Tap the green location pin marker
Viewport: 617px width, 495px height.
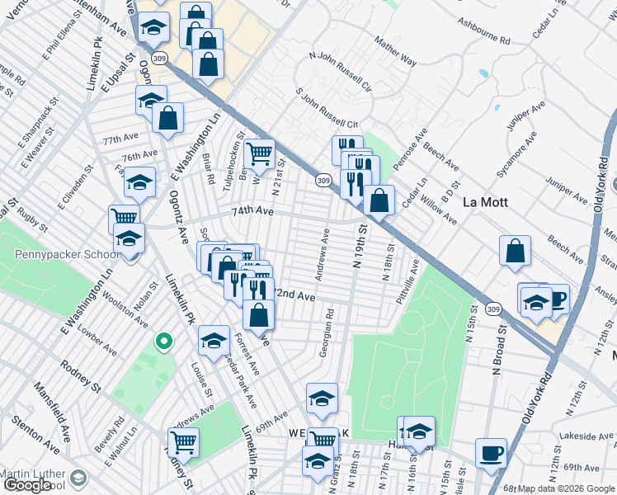[x=164, y=340]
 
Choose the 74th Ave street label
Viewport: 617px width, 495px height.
[x=252, y=211]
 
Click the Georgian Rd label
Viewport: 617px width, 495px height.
[x=325, y=333]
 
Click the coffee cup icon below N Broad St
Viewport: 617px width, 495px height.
[x=492, y=454]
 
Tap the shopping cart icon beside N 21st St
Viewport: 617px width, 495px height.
[x=259, y=153]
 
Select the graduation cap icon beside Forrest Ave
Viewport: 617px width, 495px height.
[x=214, y=341]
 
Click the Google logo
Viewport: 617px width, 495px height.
[x=28, y=485]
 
